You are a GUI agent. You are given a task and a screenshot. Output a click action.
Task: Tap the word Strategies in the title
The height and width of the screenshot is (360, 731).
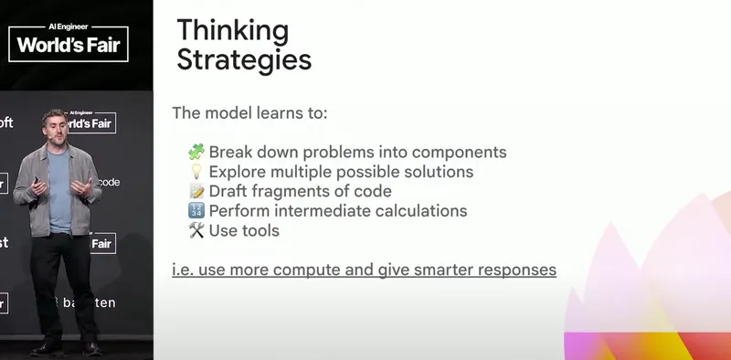244,60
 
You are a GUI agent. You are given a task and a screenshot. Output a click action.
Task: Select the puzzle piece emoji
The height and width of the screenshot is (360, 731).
196,151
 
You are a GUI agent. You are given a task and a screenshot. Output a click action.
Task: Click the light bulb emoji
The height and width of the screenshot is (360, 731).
196,171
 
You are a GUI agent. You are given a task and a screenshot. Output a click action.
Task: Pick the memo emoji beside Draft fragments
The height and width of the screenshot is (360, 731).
196,191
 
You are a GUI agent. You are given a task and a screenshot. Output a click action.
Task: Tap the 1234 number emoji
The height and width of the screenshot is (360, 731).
196,211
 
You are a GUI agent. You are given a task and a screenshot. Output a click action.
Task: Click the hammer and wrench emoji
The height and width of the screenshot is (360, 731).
196,231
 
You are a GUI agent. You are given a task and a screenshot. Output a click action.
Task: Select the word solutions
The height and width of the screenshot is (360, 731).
440,171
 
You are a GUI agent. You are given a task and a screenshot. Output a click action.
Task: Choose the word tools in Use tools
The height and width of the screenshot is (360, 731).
260,231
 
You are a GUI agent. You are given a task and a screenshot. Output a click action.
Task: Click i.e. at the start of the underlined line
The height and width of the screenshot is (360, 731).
183,270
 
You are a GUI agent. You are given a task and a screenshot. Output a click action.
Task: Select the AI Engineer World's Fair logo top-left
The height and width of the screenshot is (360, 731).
68,40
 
